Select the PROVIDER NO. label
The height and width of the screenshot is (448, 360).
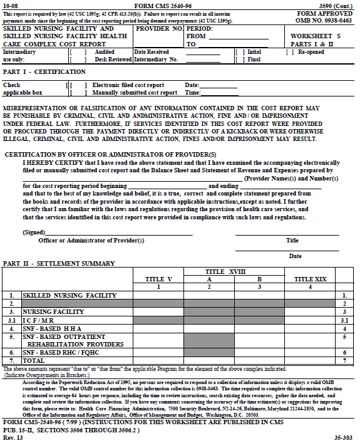[x=159, y=29]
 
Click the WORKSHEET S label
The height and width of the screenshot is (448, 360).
[x=316, y=36]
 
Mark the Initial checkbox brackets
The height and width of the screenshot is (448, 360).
[x=240, y=52]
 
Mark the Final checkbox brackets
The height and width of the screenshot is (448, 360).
[x=240, y=60]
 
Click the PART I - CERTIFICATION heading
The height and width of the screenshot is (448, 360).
[x=36, y=72]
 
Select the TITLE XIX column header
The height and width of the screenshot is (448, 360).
[x=311, y=279]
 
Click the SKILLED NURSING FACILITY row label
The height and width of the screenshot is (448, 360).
[x=69, y=294]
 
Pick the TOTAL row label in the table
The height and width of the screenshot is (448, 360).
[x=35, y=361]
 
